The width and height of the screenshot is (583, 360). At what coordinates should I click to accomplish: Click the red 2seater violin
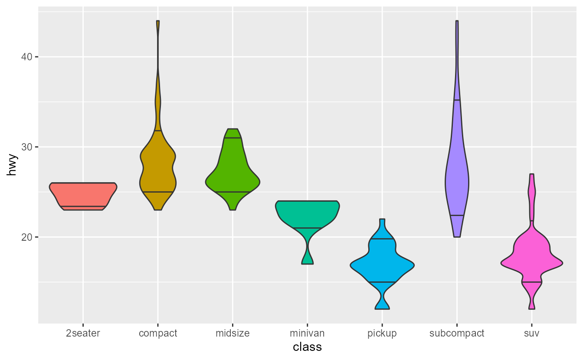coord(83,195)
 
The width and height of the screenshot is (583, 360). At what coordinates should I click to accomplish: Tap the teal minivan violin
coord(307,213)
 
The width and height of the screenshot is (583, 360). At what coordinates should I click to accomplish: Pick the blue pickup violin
coord(382,265)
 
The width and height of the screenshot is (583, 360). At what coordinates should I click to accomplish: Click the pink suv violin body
coord(531,260)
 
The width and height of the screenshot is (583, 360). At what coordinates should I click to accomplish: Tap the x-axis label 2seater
coord(83,334)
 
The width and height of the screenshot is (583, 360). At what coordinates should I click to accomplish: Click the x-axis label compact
coord(158,334)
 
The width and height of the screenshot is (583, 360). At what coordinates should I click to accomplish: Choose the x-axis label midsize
coord(233,334)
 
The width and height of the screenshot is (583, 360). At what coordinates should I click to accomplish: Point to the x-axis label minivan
coord(307,334)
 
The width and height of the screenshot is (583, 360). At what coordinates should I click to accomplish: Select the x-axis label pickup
coord(382,334)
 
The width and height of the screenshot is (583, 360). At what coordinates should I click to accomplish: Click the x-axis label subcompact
coord(457,334)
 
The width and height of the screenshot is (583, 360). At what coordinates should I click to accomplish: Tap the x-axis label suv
coord(531,334)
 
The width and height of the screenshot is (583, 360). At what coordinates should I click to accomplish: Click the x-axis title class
coord(307,347)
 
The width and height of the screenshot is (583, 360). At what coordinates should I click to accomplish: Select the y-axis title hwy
coord(12,165)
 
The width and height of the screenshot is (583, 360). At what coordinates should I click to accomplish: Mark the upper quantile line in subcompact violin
coord(457,100)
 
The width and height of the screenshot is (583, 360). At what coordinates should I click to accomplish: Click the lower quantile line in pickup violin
coord(382,282)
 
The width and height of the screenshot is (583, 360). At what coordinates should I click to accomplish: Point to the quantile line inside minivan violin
coord(307,228)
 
